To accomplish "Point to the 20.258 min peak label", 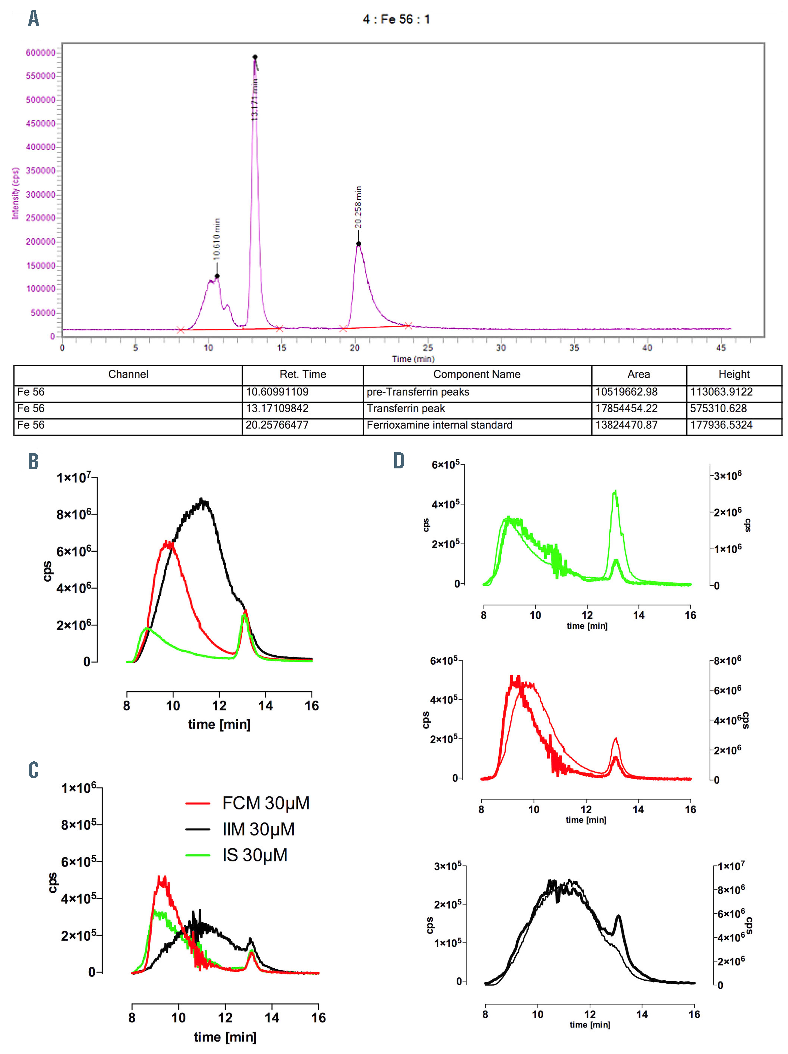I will [x=358, y=207].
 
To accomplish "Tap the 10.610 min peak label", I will [x=217, y=239].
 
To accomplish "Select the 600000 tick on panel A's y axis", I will [x=40, y=52].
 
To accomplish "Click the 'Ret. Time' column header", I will [x=303, y=375].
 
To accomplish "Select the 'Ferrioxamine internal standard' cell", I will [x=439, y=425].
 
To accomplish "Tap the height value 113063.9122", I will [x=721, y=392].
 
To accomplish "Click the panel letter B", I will [x=33, y=461].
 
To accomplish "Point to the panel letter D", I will [x=399, y=461].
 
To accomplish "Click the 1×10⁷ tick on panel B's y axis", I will [x=74, y=478].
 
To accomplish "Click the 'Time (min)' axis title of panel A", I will [x=412, y=359].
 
